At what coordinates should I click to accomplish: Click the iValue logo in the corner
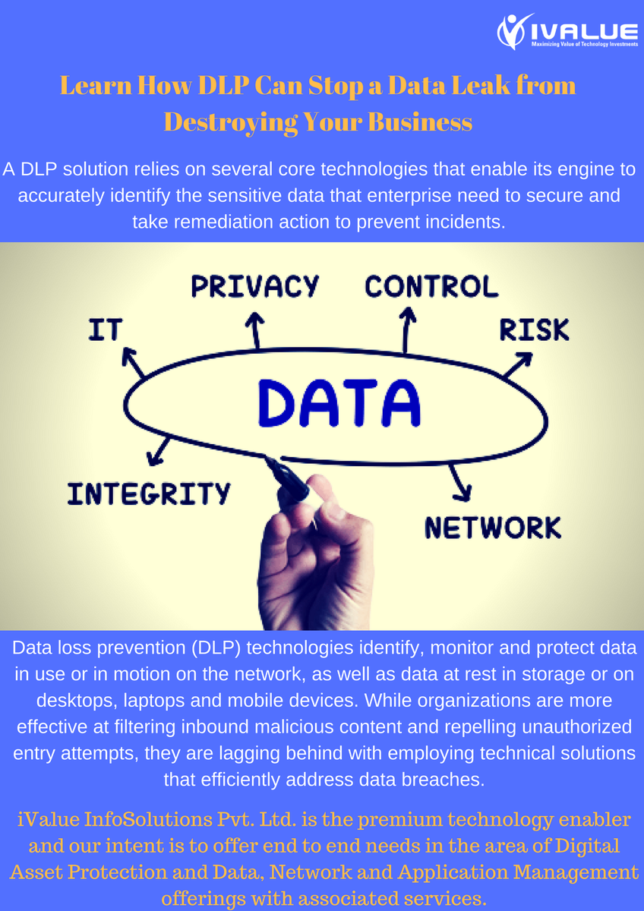coord(567,32)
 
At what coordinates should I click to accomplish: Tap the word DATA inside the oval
coord(339,402)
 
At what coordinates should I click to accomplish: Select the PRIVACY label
coord(255,286)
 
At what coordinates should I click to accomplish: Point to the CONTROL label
coord(431,286)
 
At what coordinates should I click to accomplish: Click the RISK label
coord(534,329)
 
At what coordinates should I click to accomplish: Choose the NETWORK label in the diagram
coord(493,527)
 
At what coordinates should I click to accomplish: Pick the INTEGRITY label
coord(148,494)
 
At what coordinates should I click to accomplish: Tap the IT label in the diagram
coord(105,329)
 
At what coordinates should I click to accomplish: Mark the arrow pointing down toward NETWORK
coord(458,482)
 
